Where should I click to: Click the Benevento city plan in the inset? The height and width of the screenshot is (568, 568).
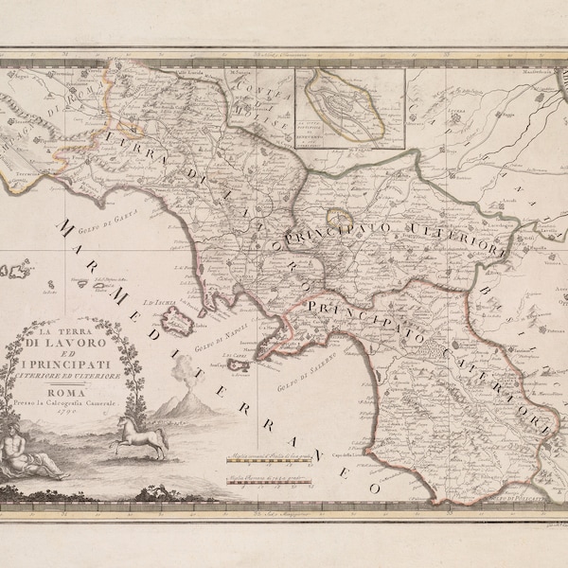(350, 100)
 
